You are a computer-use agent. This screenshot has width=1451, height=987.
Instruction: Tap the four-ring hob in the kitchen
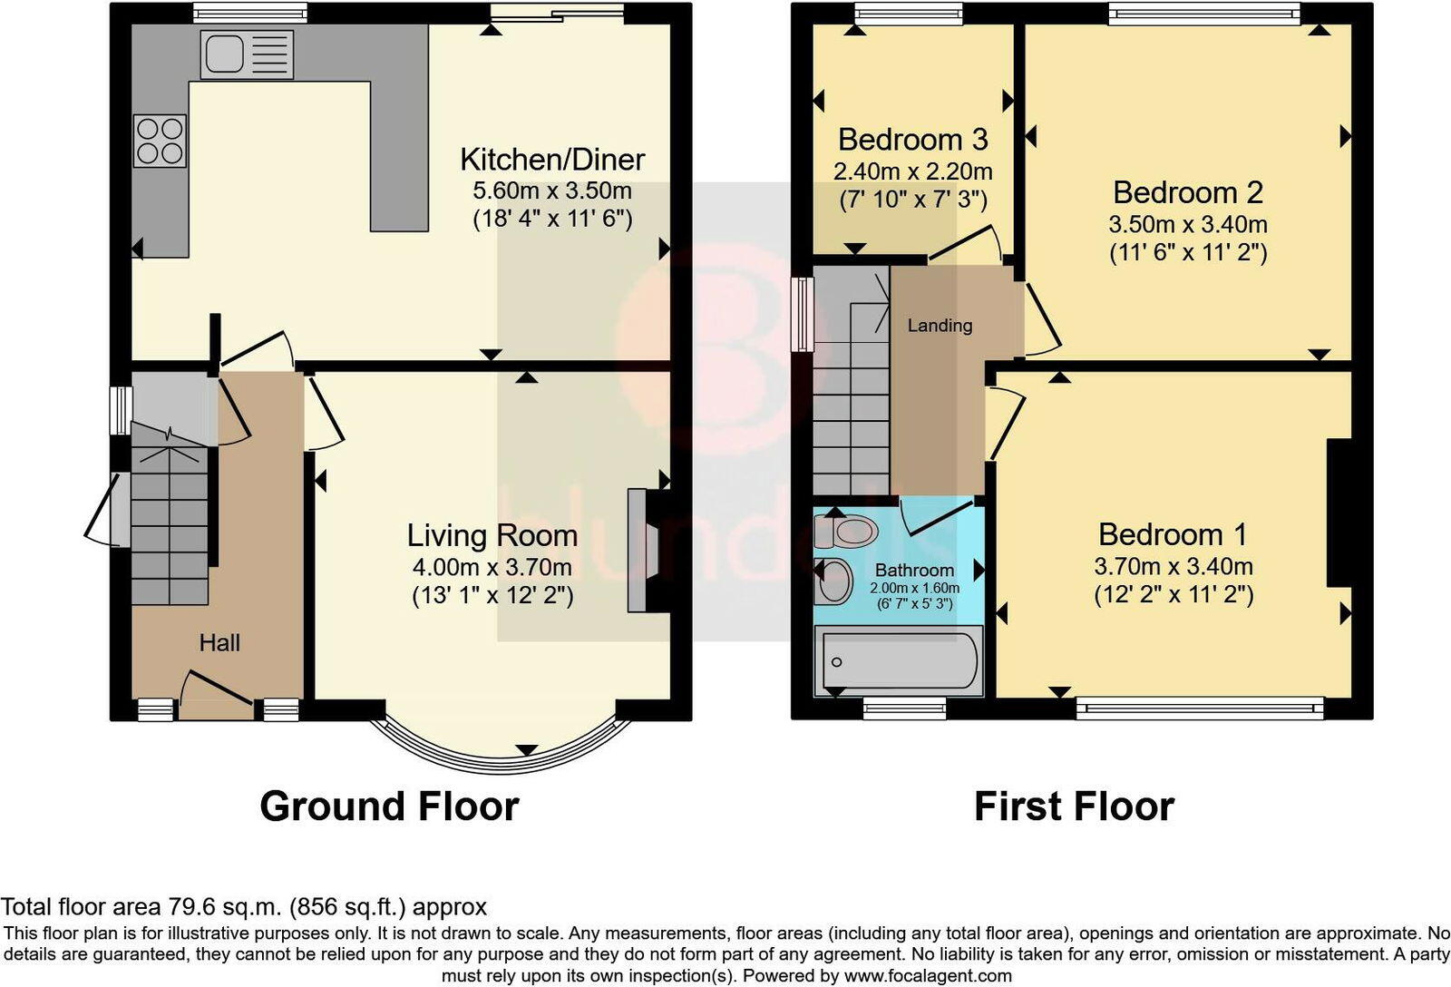(161, 141)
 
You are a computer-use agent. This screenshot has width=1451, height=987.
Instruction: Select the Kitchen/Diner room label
(552, 160)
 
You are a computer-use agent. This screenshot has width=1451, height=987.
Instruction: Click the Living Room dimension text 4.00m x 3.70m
(492, 568)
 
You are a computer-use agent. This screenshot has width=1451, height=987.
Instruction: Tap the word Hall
(219, 643)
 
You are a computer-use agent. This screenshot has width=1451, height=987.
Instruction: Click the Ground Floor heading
(389, 806)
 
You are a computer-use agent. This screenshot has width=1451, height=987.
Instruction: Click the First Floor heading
(1074, 806)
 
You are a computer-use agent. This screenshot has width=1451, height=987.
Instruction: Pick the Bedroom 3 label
(912, 140)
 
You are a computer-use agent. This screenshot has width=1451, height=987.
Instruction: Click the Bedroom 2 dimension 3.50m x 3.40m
(1188, 225)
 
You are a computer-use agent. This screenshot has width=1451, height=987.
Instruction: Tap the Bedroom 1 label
(1173, 534)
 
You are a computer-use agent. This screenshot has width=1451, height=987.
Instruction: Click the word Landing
(940, 326)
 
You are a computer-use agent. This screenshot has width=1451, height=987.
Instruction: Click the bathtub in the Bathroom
(898, 661)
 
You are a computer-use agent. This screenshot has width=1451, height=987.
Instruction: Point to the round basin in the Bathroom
(834, 581)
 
